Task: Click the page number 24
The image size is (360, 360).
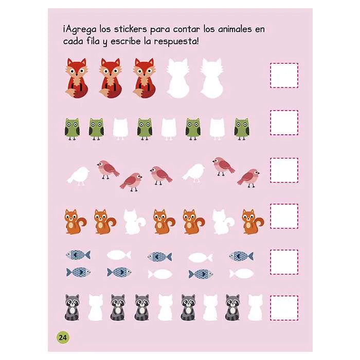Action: [x=63, y=337]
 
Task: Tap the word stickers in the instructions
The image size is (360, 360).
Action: [x=130, y=29]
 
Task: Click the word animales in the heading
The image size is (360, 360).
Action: [x=235, y=29]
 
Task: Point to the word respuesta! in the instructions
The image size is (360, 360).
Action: [x=176, y=42]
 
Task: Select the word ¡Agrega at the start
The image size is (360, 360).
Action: [x=79, y=30]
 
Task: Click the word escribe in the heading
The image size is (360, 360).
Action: [x=125, y=41]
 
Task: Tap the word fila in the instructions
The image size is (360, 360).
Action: [x=93, y=41]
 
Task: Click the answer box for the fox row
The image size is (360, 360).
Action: [x=284, y=76]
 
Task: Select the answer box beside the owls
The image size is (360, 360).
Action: [x=284, y=122]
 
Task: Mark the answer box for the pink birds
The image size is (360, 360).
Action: [x=284, y=170]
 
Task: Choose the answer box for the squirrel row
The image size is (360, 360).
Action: [x=284, y=216]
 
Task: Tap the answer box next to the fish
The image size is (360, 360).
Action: [x=284, y=262]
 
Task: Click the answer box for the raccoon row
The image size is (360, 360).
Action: [x=284, y=308]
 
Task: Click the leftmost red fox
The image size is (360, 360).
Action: [x=77, y=78]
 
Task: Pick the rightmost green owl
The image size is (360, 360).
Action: [x=242, y=129]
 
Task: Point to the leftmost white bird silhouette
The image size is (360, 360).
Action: [x=78, y=176]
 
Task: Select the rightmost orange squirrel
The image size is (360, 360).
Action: [x=253, y=222]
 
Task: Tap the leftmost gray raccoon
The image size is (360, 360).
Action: [x=72, y=308]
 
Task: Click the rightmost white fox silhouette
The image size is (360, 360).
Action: [x=212, y=78]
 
